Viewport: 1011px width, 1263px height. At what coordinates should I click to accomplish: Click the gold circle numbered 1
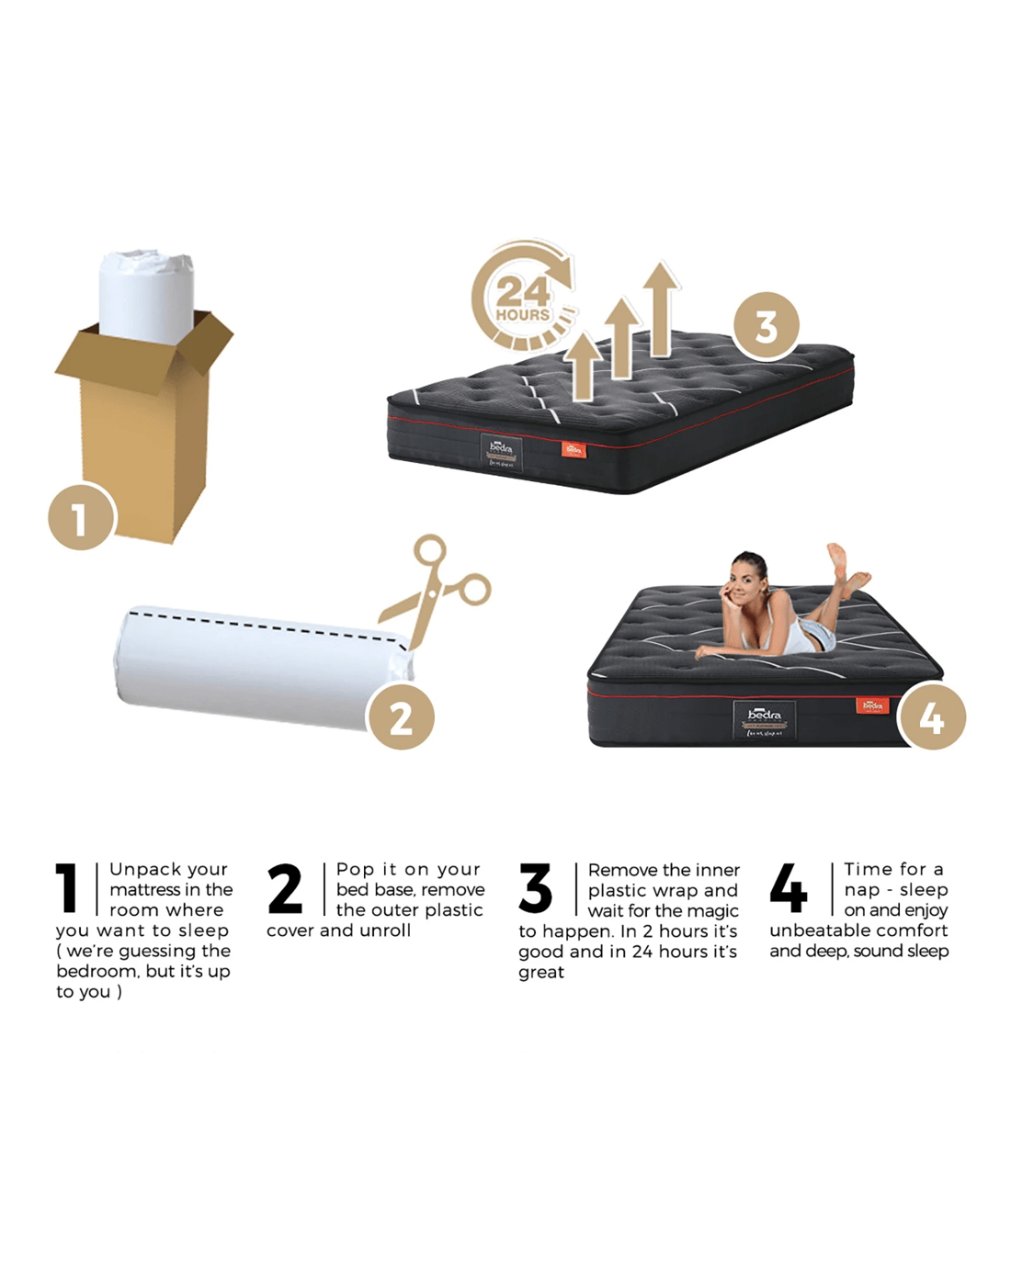[82, 516]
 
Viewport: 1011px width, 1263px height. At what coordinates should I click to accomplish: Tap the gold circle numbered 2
[401, 716]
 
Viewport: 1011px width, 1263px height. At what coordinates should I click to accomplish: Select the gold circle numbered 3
[766, 325]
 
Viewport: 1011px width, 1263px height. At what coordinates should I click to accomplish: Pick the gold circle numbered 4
[932, 716]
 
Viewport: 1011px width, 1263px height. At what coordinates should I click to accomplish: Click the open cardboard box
[144, 427]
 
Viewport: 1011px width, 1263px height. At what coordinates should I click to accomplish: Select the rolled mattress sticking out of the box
[146, 297]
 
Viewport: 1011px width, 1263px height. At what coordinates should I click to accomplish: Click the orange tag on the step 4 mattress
[872, 705]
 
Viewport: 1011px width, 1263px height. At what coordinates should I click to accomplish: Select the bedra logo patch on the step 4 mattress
[765, 720]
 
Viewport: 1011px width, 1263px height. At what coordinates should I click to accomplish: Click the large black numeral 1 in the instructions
[67, 887]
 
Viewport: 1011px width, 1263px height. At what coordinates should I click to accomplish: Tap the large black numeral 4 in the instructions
[789, 887]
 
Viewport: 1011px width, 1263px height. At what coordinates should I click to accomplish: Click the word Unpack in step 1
[142, 869]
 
